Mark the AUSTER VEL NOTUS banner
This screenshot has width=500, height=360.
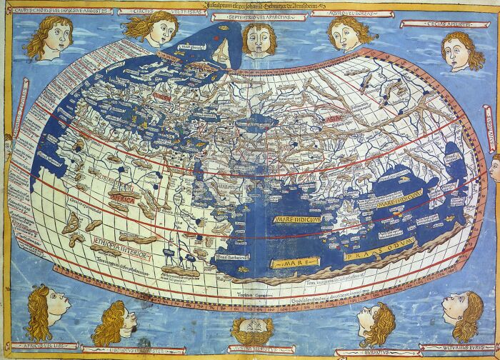(x=251, y=349)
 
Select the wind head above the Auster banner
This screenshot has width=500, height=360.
(x=251, y=331)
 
